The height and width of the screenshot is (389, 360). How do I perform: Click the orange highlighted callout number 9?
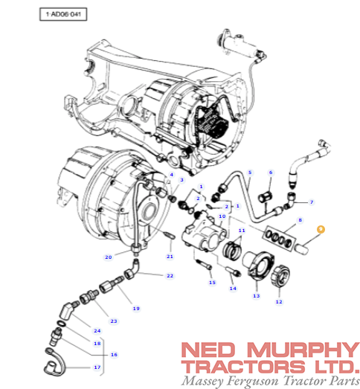point(321,229)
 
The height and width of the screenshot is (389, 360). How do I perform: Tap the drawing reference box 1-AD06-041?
point(63,14)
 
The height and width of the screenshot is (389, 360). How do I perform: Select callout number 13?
point(257,296)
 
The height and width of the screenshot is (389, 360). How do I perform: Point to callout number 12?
point(279,302)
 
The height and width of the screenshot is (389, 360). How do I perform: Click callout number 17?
point(97,367)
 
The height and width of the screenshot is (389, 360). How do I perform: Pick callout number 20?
point(109,257)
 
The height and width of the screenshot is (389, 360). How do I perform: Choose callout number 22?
point(170,276)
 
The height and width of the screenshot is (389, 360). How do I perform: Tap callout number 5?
point(250,172)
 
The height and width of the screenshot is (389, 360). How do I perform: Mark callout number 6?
point(271,172)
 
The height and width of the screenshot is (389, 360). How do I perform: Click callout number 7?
point(312,202)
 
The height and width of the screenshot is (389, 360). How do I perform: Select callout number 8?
point(300,220)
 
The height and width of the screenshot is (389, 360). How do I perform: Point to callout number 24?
point(97,331)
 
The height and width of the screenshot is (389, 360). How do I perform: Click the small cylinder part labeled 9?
point(301,249)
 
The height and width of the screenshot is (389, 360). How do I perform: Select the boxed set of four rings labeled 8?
point(280,238)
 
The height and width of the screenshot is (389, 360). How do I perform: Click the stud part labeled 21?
point(170,236)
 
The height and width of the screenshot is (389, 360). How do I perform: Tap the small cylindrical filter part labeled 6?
point(266,197)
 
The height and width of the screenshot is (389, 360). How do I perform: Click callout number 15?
point(212,283)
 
